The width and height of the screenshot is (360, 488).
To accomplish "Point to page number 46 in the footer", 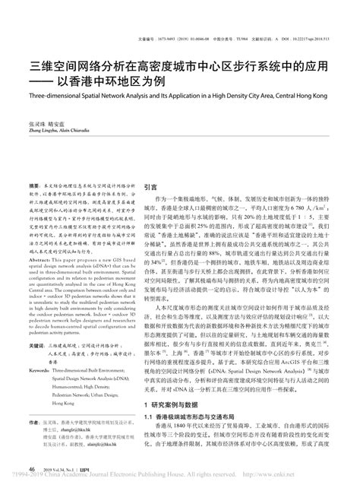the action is [x=31, y=469].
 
